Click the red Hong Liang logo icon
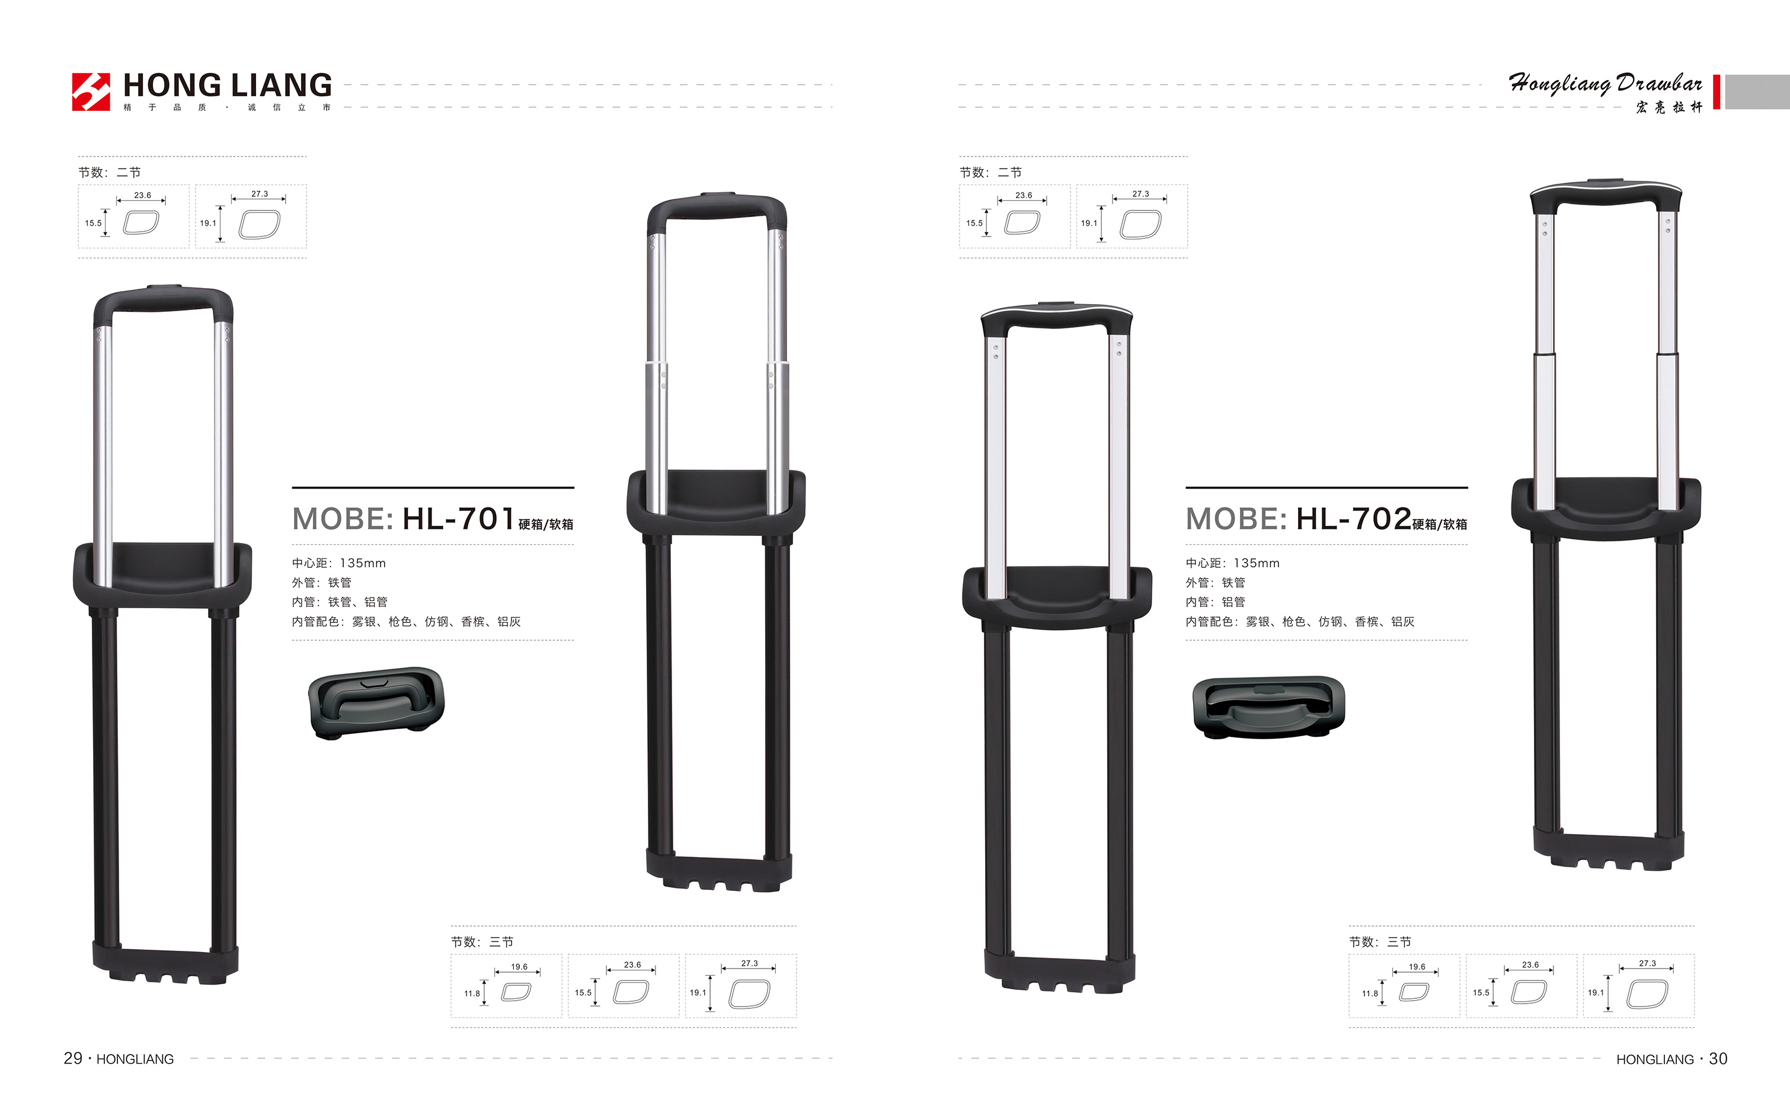point(91,92)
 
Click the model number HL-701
point(458,519)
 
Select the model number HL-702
point(1354,519)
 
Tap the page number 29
point(72,1058)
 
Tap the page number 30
point(1718,1059)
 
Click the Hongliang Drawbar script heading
point(1605,84)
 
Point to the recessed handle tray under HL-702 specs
point(1269,708)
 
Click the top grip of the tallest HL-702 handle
point(1606,193)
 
